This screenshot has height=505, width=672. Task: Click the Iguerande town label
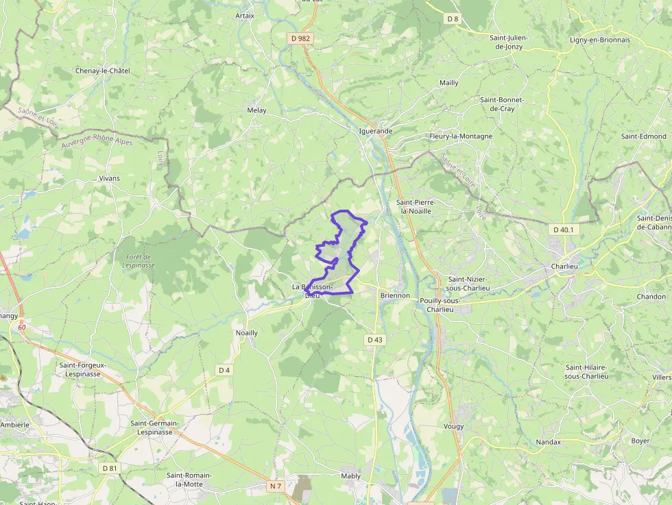click(x=376, y=131)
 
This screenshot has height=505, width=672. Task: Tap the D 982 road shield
click(x=301, y=39)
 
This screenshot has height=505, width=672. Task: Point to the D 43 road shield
click(x=374, y=339)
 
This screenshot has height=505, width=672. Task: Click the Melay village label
click(x=256, y=110)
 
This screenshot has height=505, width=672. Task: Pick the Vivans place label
click(x=109, y=178)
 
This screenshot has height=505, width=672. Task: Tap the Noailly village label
click(x=247, y=333)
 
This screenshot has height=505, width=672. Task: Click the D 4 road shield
click(x=224, y=370)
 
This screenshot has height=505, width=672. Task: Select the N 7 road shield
click(x=276, y=486)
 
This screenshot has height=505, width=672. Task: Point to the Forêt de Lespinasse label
click(x=138, y=261)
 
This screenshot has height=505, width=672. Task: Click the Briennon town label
click(x=394, y=296)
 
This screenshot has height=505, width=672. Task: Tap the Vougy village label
click(x=453, y=426)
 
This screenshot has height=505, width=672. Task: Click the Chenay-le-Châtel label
click(x=103, y=71)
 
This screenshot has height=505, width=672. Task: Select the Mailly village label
click(x=449, y=83)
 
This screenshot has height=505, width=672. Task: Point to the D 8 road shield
click(x=453, y=19)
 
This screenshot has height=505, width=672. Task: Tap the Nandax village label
click(x=549, y=442)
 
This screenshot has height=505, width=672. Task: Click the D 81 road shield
click(x=109, y=468)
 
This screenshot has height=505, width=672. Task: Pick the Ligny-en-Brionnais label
click(x=600, y=40)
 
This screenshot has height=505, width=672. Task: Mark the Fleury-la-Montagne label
click(x=461, y=136)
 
